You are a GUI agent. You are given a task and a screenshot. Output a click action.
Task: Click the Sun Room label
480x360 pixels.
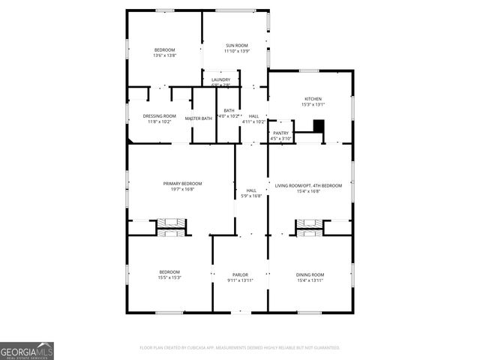tap(236, 46)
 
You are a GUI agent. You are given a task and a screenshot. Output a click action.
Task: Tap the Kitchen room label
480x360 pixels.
tap(313, 99)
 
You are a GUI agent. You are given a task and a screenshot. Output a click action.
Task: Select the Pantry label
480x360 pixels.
tap(280, 133)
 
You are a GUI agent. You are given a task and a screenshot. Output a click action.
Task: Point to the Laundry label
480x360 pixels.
tap(220, 79)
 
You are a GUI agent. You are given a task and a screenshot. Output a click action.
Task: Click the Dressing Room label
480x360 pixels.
tap(159, 115)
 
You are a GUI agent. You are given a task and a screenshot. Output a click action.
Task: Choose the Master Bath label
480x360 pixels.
tap(199, 118)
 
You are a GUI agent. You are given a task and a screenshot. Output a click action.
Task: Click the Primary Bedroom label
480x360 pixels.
tap(183, 184)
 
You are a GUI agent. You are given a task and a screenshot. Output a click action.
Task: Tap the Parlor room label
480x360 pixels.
tap(240, 274)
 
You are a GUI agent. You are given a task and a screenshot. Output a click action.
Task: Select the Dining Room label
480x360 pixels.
tap(310, 274)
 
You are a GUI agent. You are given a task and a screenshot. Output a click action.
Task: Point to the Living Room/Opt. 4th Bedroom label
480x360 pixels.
tap(308, 185)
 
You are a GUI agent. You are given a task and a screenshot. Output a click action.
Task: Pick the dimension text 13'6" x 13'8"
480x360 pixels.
tap(164, 55)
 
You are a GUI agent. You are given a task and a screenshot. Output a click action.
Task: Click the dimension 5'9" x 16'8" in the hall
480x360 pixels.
tap(251, 196)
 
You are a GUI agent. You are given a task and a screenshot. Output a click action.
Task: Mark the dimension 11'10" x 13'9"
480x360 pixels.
tap(236, 51)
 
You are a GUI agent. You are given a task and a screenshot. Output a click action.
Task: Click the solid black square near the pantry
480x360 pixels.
tap(318, 126)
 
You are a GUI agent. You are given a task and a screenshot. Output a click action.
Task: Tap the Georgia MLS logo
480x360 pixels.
tap(27, 351)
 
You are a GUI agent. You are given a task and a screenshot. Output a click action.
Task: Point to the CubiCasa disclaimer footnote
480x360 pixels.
tap(240, 347)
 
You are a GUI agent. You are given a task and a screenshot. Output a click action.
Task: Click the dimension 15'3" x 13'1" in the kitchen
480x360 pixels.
tap(313, 105)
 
